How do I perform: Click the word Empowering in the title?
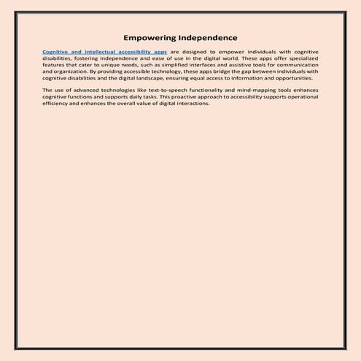click(x=150, y=37)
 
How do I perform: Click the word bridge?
click(x=238, y=72)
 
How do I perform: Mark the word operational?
click(x=298, y=96)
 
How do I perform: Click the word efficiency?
click(x=57, y=103)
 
